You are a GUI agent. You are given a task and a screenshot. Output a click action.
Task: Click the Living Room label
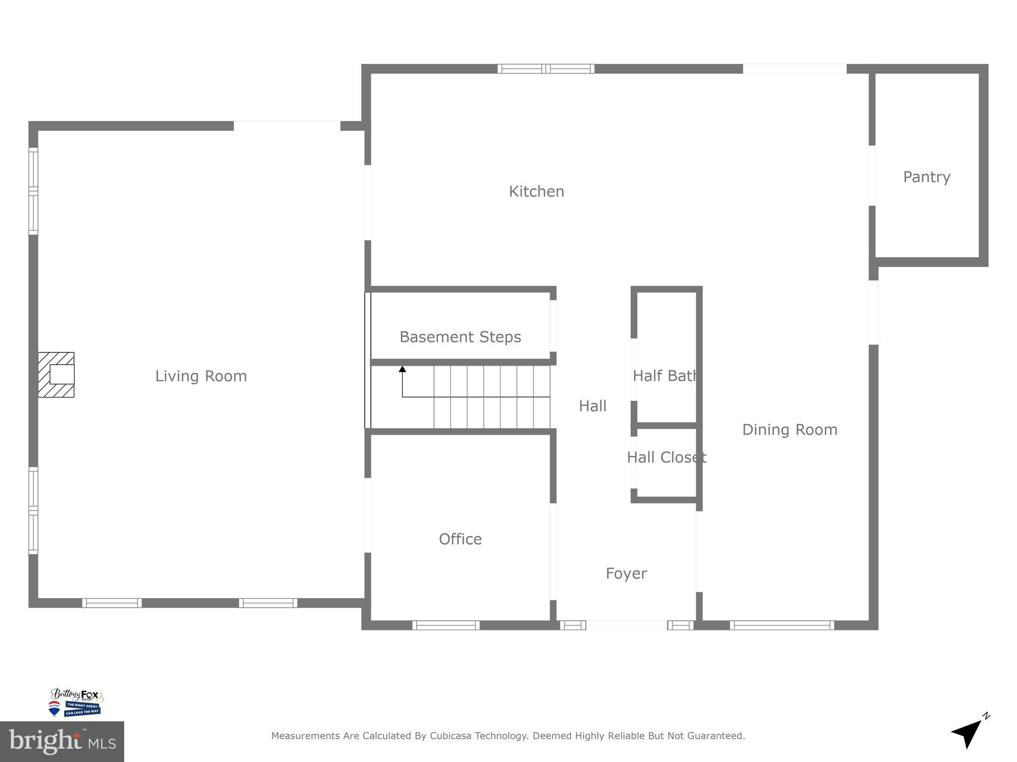201,376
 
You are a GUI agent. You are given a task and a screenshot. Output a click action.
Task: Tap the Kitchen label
536,191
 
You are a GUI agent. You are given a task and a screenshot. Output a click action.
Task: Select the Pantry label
926,177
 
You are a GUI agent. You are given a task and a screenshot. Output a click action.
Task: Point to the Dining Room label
790,430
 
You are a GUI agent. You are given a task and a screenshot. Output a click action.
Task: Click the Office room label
460,539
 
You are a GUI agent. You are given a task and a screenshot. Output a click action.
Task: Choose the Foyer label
626,573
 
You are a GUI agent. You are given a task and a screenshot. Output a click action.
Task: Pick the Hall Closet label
666,457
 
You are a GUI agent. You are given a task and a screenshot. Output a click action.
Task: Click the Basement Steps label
460,337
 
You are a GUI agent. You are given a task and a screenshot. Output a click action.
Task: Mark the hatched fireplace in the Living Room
56,375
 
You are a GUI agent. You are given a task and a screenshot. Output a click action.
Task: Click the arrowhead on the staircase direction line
402,369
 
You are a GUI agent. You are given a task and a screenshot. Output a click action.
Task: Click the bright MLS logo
62,741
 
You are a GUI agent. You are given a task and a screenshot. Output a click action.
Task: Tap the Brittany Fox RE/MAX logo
76,702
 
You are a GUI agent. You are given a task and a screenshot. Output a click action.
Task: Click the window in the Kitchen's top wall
546,69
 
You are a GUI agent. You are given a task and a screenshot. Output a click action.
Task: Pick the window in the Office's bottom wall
445,625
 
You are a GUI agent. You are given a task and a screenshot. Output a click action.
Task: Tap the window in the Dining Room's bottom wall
782,625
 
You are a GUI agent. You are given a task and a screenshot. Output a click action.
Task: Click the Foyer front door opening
626,625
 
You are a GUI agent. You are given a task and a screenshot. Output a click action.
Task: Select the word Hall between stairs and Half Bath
592,406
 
